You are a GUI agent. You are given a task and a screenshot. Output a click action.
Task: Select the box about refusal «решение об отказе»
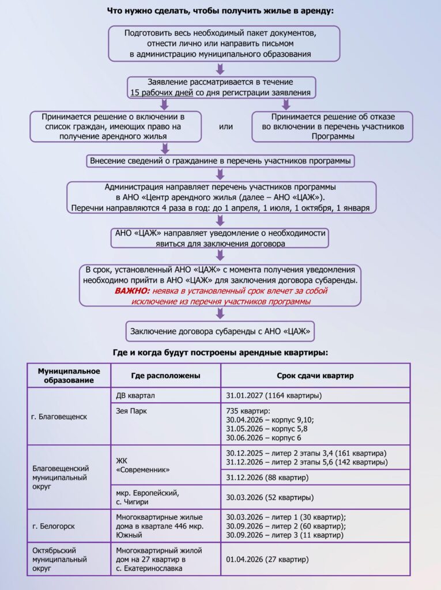click(333, 127)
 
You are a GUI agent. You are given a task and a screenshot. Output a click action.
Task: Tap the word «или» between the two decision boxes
click(227, 127)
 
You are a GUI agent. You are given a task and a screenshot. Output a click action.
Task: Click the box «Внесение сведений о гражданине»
click(220, 161)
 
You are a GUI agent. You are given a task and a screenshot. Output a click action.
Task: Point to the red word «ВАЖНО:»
click(132, 292)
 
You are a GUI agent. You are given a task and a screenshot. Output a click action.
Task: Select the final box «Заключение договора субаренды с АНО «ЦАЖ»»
click(220, 331)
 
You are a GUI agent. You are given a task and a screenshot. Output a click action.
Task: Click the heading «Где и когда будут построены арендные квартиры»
click(220, 352)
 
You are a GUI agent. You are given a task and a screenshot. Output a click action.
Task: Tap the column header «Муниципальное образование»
click(69, 375)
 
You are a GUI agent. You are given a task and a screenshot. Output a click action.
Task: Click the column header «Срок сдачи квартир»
click(315, 376)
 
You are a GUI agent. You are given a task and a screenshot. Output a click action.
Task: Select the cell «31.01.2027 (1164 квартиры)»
click(274, 396)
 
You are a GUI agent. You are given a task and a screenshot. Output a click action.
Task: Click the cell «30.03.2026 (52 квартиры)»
click(270, 497)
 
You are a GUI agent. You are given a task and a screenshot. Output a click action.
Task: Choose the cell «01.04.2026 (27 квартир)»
click(267, 559)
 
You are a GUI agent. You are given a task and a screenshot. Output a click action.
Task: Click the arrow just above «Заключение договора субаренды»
click(220, 313)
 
